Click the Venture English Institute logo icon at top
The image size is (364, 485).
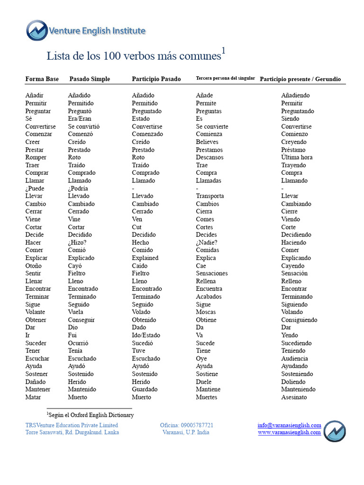pos(37,30)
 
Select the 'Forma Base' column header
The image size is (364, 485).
pos(42,79)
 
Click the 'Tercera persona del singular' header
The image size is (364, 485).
pos(225,79)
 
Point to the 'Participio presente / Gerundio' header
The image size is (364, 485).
pos(300,79)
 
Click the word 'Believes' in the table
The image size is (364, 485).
pos(207,142)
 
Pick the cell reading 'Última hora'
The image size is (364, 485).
pos(297,157)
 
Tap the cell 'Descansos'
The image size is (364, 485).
pos(209,157)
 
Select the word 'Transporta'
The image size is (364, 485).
pos(210,196)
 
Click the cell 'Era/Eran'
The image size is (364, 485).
pos(80,119)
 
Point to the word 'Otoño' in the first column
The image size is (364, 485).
pos(34,266)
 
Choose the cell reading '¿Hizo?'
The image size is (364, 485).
pos(77,242)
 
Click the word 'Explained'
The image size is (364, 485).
pos(145,258)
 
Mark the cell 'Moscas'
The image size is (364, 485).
pos(206,312)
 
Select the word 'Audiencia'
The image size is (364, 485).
pos(294,359)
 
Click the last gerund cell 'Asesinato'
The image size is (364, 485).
pos(294,397)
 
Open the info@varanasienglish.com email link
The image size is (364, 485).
pos(290,425)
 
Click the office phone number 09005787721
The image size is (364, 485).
pos(187,425)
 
